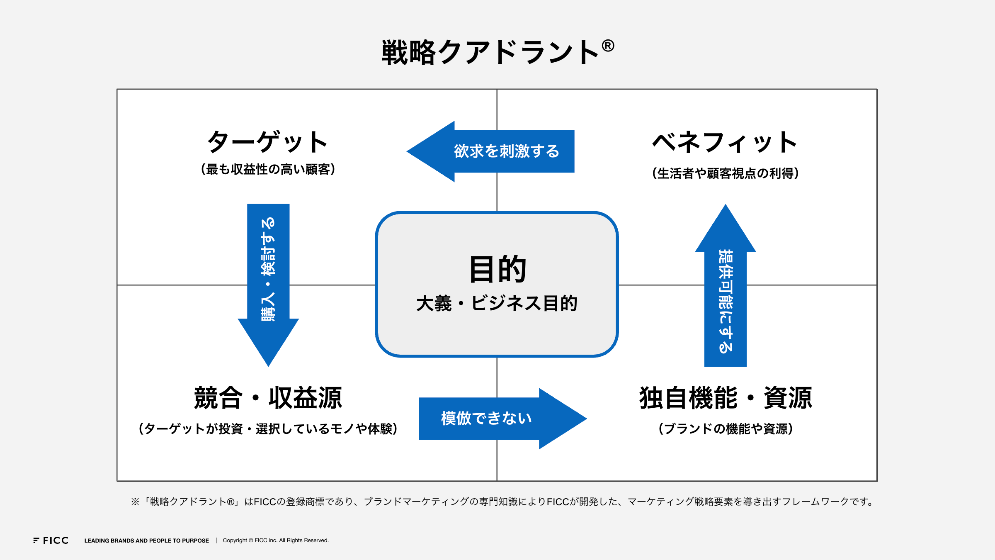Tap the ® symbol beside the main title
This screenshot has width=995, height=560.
click(608, 46)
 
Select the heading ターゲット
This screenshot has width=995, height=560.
click(267, 142)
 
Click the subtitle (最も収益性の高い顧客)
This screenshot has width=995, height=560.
click(268, 169)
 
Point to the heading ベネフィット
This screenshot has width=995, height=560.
click(725, 142)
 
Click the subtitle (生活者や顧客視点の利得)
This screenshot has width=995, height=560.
click(725, 173)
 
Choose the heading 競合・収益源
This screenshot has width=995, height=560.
click(268, 398)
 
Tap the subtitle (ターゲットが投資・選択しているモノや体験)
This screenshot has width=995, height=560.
click(268, 429)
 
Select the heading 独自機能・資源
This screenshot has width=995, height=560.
click(726, 398)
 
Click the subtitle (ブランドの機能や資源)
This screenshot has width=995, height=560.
click(726, 429)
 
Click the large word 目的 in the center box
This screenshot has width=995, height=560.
click(498, 269)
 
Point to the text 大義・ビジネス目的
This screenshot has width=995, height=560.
click(497, 303)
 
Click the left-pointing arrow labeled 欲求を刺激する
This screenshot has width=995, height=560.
click(490, 151)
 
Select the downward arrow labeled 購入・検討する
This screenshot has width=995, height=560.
click(268, 285)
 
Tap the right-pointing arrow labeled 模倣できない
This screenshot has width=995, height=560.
click(503, 419)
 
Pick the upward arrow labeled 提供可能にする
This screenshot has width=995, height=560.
click(726, 285)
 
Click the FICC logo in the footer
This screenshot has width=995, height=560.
click(51, 540)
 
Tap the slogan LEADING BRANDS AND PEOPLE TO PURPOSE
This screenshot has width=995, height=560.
click(147, 541)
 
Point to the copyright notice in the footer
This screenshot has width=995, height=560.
click(276, 541)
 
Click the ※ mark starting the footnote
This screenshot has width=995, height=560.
click(135, 502)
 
